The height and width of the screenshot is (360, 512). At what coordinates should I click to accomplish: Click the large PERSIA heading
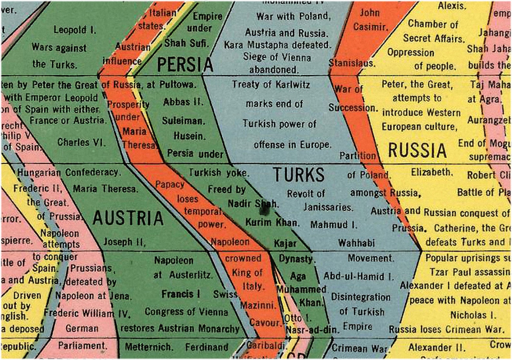(185, 64)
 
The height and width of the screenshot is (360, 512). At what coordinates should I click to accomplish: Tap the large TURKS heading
(299, 175)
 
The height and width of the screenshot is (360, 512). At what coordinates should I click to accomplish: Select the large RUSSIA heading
(417, 150)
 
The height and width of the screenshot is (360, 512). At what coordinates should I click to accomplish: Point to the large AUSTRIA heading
(128, 218)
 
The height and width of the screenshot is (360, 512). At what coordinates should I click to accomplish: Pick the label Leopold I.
(75, 30)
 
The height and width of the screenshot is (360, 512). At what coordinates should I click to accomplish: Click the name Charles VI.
(81, 142)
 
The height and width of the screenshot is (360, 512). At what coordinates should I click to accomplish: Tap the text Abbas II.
(183, 102)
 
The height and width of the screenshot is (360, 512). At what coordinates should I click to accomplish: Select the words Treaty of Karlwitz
(271, 85)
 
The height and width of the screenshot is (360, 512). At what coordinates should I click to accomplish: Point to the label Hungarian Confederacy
(68, 172)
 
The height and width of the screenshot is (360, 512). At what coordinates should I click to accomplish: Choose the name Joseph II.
(124, 242)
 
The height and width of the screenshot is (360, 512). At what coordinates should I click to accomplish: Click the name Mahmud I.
(334, 225)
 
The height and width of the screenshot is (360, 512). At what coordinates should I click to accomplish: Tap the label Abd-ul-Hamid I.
(359, 277)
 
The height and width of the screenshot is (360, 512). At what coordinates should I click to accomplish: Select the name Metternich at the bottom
(149, 347)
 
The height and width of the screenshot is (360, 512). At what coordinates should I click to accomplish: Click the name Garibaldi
(266, 345)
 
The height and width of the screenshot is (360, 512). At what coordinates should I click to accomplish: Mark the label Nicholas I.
(473, 315)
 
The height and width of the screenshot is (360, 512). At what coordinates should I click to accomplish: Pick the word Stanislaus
(352, 63)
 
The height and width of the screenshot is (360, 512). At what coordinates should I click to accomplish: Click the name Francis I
(181, 294)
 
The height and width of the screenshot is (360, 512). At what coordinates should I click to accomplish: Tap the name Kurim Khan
(272, 222)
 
